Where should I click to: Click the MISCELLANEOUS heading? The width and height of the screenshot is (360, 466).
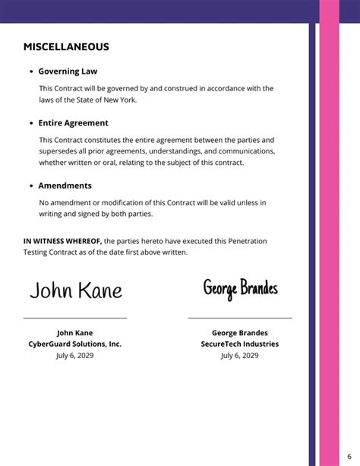point(66,47)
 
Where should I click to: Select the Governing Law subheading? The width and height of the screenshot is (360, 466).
point(68,71)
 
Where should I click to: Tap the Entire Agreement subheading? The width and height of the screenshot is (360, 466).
point(73,122)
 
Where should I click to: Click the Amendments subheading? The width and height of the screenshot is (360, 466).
point(65,185)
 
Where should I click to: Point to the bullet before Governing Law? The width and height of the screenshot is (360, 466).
point(30,71)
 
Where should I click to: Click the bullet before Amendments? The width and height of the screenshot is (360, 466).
point(30,185)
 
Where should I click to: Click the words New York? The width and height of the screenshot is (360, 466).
point(122,100)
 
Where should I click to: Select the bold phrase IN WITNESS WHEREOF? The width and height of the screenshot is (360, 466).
point(62,241)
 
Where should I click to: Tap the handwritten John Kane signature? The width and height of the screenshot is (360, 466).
point(75,290)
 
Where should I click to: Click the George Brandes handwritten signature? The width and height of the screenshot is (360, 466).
point(240,288)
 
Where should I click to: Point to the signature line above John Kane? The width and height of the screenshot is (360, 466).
point(75,318)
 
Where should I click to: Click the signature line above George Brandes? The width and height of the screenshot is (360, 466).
point(240,318)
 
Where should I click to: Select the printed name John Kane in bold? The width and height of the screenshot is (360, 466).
point(75,332)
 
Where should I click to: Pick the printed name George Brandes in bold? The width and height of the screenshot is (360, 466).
point(240,332)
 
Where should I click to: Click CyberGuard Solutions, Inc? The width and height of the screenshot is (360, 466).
point(75,344)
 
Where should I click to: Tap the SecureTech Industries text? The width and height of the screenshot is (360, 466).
point(240,344)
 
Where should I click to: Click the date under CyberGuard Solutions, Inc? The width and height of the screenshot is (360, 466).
point(75,355)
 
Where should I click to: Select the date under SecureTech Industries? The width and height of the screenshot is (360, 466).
point(240,355)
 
